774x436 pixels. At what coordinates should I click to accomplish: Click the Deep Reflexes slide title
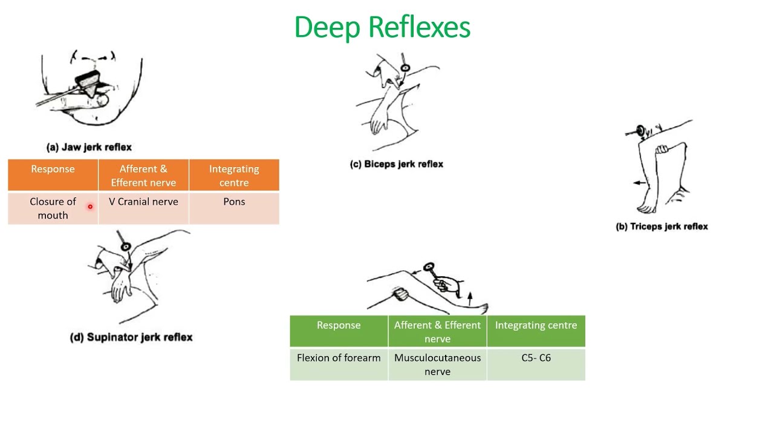point(382,28)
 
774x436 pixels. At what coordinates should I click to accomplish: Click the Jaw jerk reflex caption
point(89,147)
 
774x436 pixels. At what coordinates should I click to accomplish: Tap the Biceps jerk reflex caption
point(397,164)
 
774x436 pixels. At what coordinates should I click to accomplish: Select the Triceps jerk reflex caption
point(662,226)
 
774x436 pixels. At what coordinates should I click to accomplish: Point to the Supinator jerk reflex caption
point(131,337)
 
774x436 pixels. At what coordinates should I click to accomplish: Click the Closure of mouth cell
point(53,208)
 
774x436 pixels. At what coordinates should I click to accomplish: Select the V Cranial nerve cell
point(143,202)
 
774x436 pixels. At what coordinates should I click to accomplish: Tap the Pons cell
point(234,202)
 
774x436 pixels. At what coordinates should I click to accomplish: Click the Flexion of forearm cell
point(339,358)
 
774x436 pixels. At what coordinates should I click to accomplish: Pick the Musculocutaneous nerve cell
point(437,365)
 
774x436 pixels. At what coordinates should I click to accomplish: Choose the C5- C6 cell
point(536,358)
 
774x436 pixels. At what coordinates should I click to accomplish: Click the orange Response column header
point(53,169)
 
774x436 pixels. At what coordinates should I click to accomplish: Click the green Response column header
point(339,325)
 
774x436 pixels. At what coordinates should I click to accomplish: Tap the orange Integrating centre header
point(234,176)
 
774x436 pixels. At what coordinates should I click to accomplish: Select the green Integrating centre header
point(536,325)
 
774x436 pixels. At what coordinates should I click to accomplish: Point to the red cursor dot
point(90,206)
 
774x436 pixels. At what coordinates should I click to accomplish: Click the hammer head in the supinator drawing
point(125,246)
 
